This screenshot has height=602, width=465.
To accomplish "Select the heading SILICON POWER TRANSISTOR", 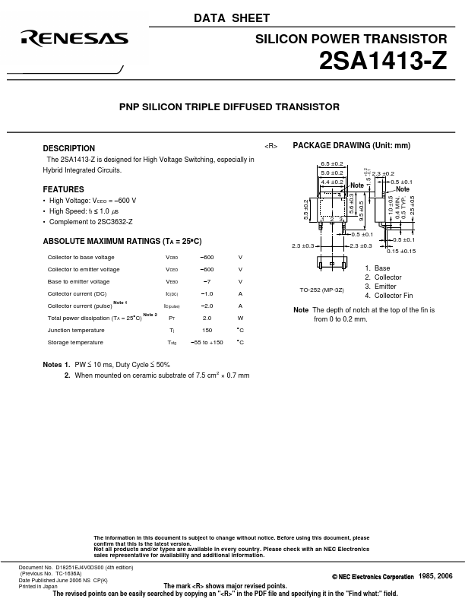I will pos(361,39).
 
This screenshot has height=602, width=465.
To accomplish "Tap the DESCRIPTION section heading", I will pos(68,148).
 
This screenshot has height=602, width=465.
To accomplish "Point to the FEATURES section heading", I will pos(63,189).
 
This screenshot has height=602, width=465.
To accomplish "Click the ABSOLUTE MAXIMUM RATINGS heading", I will pos(122,241).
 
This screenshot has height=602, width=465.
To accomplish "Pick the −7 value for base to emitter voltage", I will pos(207,282).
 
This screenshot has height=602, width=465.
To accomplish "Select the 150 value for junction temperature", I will pos(207,331).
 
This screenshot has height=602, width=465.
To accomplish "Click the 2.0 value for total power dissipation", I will pos(207,318).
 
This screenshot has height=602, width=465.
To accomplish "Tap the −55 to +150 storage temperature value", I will pos(207,343).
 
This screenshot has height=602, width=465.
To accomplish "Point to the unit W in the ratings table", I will pos(240,318).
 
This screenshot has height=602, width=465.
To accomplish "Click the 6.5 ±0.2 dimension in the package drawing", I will pos(332,163).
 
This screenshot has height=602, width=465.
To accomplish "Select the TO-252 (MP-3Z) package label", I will pos(321,290).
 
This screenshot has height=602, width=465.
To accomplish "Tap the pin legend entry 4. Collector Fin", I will pos(388,296).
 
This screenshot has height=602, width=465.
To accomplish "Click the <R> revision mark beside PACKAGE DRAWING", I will pos(271,146).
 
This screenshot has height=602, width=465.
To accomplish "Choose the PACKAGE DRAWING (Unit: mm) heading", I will pos(351,145).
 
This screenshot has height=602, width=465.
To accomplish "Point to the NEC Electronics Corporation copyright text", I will pos(373,577).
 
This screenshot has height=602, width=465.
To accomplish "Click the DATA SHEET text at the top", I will pos(232,18).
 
